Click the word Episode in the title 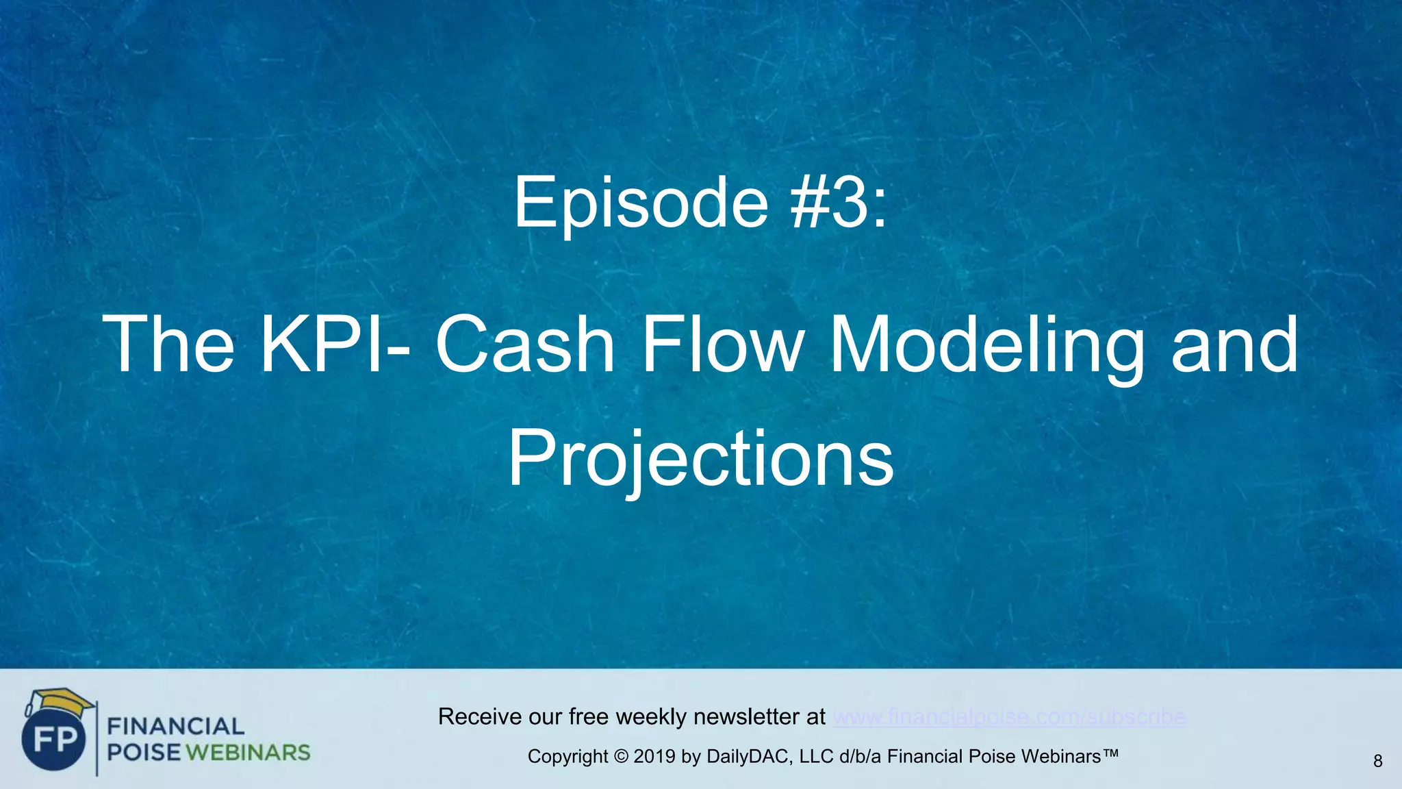(x=641, y=203)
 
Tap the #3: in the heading (x=839, y=202)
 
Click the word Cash (x=525, y=344)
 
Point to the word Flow (x=723, y=344)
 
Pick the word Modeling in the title (x=986, y=345)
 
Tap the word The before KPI (x=168, y=344)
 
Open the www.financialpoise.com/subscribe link (x=1009, y=717)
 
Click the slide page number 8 (x=1377, y=761)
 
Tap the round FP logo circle (x=53, y=740)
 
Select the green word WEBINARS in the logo (x=248, y=753)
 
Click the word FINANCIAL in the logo (x=176, y=726)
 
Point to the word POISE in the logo (x=144, y=753)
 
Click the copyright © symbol (x=621, y=757)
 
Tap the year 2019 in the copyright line (x=654, y=757)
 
